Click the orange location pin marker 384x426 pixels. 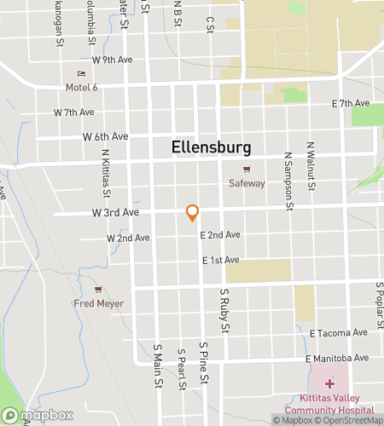(193, 211)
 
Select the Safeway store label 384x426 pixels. (247, 183)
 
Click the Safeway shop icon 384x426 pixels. (247, 170)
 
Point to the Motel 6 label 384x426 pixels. (83, 87)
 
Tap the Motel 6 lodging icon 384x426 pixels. (82, 74)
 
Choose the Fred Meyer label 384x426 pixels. (99, 303)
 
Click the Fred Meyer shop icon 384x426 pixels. (98, 290)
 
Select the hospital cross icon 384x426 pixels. (329, 384)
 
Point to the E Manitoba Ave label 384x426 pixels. (338, 357)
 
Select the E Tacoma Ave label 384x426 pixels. (345, 332)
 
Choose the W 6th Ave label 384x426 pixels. (105, 136)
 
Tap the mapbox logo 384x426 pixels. (37, 416)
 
